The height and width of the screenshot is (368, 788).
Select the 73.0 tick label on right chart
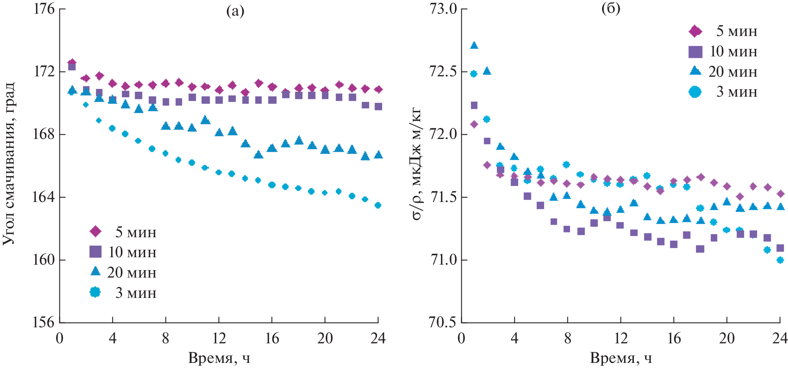[x=443, y=9]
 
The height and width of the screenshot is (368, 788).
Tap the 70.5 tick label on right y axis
[x=443, y=322]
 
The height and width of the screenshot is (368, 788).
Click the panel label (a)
[x=236, y=11]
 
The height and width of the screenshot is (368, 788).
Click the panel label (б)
[x=611, y=9]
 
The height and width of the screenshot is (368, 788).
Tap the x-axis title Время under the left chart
[x=219, y=358]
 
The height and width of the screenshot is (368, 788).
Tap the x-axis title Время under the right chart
[x=621, y=358]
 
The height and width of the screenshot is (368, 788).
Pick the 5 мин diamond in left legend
[x=95, y=231]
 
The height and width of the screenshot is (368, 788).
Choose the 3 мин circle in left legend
[x=95, y=292]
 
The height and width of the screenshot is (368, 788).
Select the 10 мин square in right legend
[x=695, y=52]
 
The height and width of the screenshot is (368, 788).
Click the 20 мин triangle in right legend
[x=695, y=71]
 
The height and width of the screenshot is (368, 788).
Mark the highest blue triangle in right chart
[x=474, y=45]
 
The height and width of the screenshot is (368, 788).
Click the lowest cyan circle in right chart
[x=780, y=260]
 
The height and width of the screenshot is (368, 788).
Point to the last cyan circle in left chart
[x=378, y=205]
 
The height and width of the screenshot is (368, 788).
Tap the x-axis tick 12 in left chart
[x=219, y=338]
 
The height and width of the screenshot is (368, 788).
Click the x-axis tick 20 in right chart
[x=727, y=338]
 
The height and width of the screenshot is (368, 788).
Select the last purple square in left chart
[x=378, y=106]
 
